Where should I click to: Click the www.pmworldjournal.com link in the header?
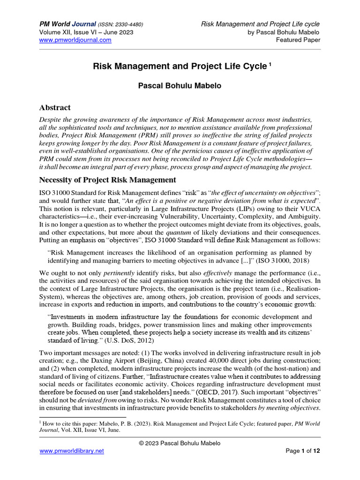tap(75, 40)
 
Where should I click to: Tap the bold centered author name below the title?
tap(180, 87)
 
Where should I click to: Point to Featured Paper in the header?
tap(299, 40)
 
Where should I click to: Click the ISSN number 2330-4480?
tap(127, 24)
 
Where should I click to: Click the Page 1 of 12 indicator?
tap(303, 451)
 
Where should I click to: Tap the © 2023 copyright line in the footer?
tap(180, 443)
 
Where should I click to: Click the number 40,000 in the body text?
tap(193, 360)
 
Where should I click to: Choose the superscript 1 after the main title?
tap(270, 65)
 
